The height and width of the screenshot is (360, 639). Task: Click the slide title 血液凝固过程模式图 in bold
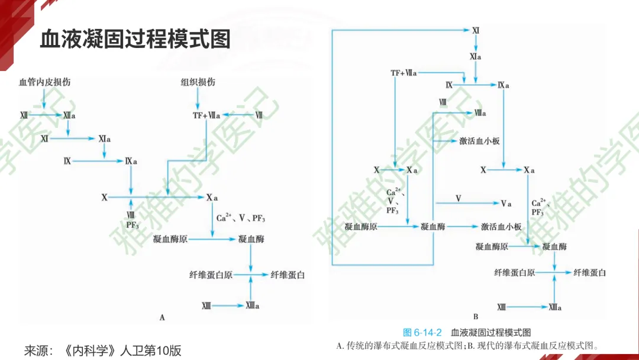pos(135,40)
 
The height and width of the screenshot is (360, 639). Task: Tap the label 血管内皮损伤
pos(44,82)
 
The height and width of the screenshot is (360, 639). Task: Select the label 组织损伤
pos(198,82)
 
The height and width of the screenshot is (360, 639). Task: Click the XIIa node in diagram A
pos(69,115)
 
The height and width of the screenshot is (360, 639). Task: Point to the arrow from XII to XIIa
pos(45,115)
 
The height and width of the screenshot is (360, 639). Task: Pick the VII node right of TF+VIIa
pos(259,115)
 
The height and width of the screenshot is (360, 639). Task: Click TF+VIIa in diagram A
pos(206,115)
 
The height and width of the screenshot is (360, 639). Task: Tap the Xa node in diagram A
pos(212,197)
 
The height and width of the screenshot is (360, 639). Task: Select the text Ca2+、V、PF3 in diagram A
pos(240,218)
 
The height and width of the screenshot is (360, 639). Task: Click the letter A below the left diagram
pos(162,317)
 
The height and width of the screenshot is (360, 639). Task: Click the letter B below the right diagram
pos(475,317)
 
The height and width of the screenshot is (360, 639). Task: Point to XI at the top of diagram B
pos(476,29)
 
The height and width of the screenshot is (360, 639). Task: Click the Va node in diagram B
pos(506,204)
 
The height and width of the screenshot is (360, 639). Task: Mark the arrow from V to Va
pos(479,203)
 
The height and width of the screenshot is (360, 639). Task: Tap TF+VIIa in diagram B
pos(404,73)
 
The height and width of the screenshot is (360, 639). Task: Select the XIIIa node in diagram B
pos(554,307)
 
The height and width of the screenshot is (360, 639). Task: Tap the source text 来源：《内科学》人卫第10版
pos(102,350)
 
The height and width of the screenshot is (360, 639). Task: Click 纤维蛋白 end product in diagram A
pos(288,275)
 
